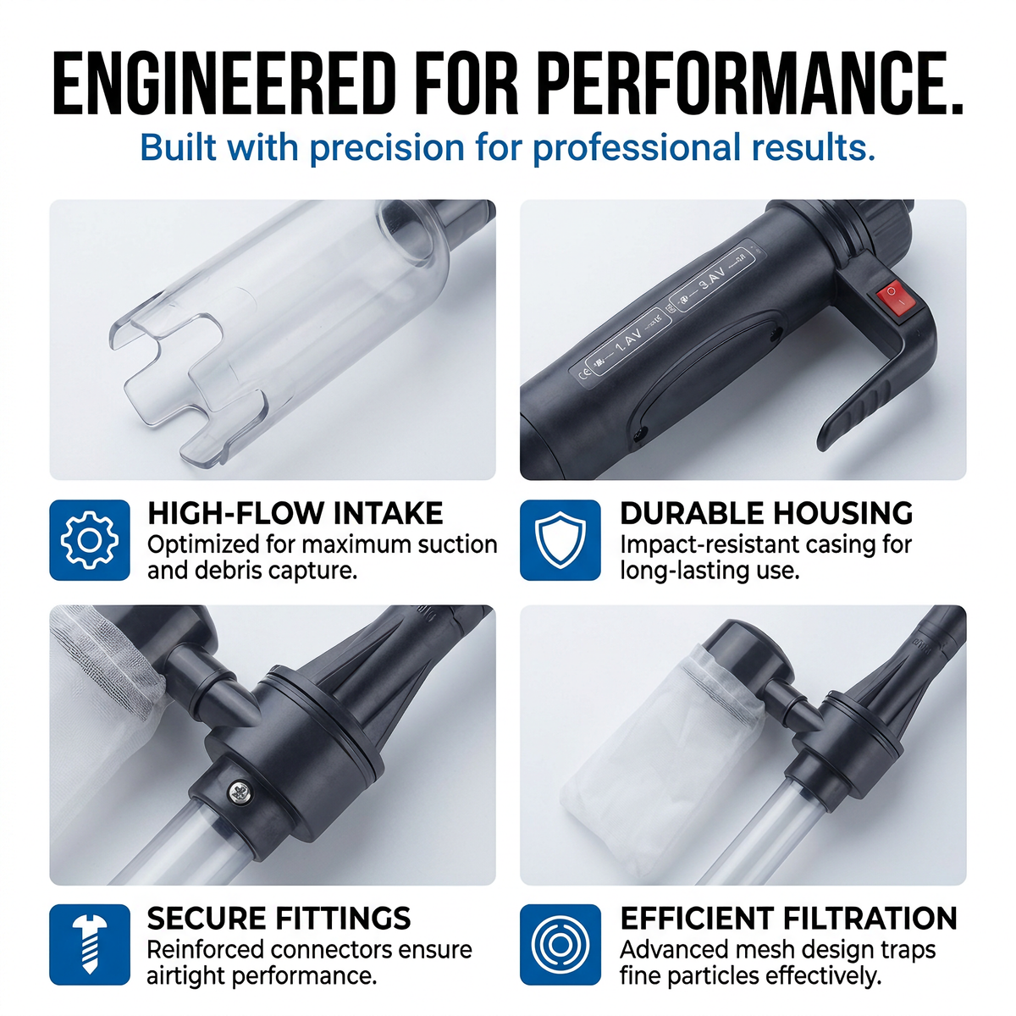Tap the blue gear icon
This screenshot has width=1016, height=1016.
pos(90,540)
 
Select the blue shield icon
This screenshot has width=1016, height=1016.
pos(560,540)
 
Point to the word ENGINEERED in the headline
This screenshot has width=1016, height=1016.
pos(224,85)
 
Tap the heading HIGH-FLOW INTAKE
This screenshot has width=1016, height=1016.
pos(295,514)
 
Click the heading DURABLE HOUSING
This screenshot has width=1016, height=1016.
pos(766,514)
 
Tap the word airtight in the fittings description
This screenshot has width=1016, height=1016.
pos(185,976)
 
